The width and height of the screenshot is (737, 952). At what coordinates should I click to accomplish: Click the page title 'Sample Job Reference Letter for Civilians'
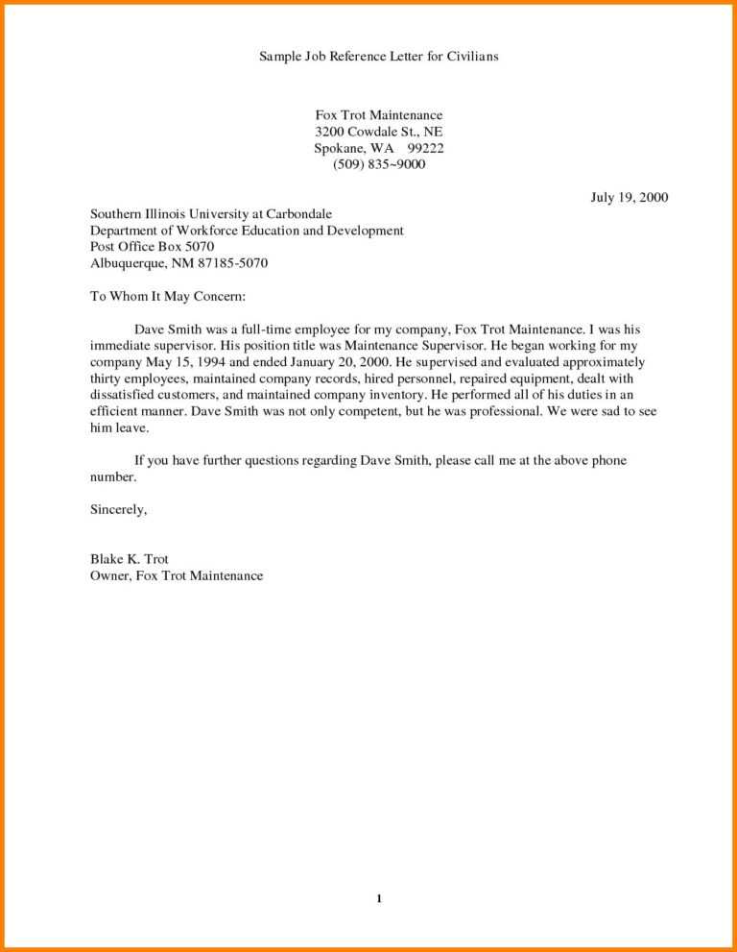378,57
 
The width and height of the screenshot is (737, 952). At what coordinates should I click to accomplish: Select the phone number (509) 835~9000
378,164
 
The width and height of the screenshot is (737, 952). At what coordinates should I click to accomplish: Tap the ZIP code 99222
425,148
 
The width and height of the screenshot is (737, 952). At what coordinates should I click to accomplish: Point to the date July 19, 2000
629,198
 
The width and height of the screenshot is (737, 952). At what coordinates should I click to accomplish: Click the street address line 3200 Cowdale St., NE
378,132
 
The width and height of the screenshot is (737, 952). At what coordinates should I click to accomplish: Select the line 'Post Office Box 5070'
152,247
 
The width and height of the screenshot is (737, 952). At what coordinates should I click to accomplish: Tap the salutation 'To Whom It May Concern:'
168,296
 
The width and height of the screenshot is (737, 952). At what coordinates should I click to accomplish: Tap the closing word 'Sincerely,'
118,509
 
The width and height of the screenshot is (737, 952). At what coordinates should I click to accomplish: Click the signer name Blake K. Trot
130,559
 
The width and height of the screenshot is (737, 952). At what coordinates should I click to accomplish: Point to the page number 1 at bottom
380,898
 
